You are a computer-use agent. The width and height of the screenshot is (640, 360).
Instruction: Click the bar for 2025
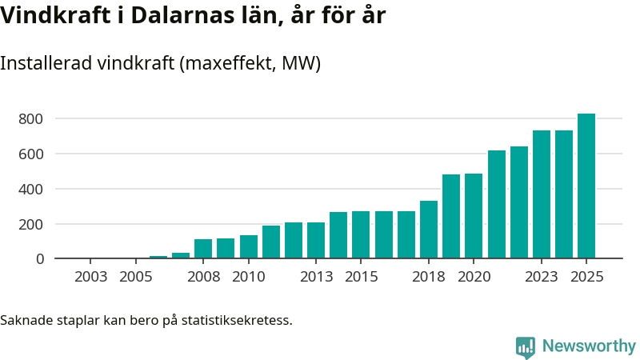click(586, 186)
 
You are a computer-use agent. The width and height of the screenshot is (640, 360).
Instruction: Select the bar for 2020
click(474, 216)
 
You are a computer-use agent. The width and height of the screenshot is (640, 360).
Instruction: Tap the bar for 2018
click(429, 230)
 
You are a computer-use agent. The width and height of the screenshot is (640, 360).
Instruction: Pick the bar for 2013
click(316, 240)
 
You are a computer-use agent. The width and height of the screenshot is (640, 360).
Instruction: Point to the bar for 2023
click(542, 194)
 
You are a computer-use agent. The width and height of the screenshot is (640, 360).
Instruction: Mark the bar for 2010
click(248, 246)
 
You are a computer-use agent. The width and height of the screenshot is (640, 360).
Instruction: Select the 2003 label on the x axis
click(90, 278)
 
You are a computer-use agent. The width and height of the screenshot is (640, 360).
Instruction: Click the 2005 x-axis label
click(135, 278)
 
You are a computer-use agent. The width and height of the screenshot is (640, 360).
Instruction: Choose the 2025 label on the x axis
click(586, 278)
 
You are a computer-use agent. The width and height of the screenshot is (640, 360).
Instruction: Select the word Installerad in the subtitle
click(45, 64)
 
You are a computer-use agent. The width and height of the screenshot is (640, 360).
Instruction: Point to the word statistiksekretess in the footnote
click(237, 321)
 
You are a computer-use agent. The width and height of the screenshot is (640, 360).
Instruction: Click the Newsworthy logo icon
click(526, 346)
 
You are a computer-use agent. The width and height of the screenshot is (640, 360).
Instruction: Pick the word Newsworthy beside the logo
click(589, 346)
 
